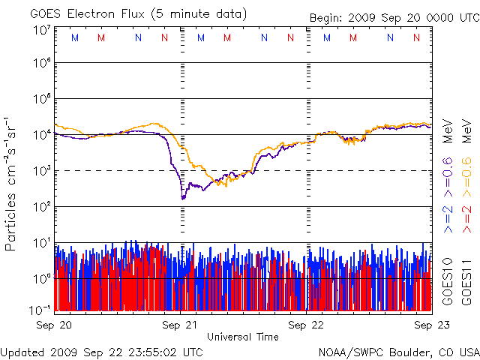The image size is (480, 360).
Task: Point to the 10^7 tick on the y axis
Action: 41,29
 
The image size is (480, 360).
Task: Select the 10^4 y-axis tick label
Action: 41,135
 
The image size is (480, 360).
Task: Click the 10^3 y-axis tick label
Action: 41,171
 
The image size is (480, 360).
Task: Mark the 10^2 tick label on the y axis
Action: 41,207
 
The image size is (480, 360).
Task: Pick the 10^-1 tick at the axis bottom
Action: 41,308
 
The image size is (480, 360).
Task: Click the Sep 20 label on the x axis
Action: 55,325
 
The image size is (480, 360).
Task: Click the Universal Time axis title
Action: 242,337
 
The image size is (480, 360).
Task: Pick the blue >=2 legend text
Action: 448,217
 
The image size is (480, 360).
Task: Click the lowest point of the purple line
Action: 183,198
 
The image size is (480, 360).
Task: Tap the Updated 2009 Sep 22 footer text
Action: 102,351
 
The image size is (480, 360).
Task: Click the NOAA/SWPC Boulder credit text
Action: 398,351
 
